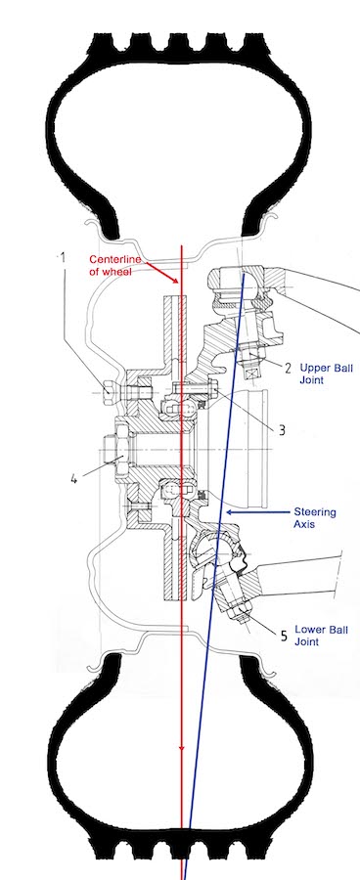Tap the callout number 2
[289, 369]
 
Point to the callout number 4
[73, 479]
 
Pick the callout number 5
[284, 636]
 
